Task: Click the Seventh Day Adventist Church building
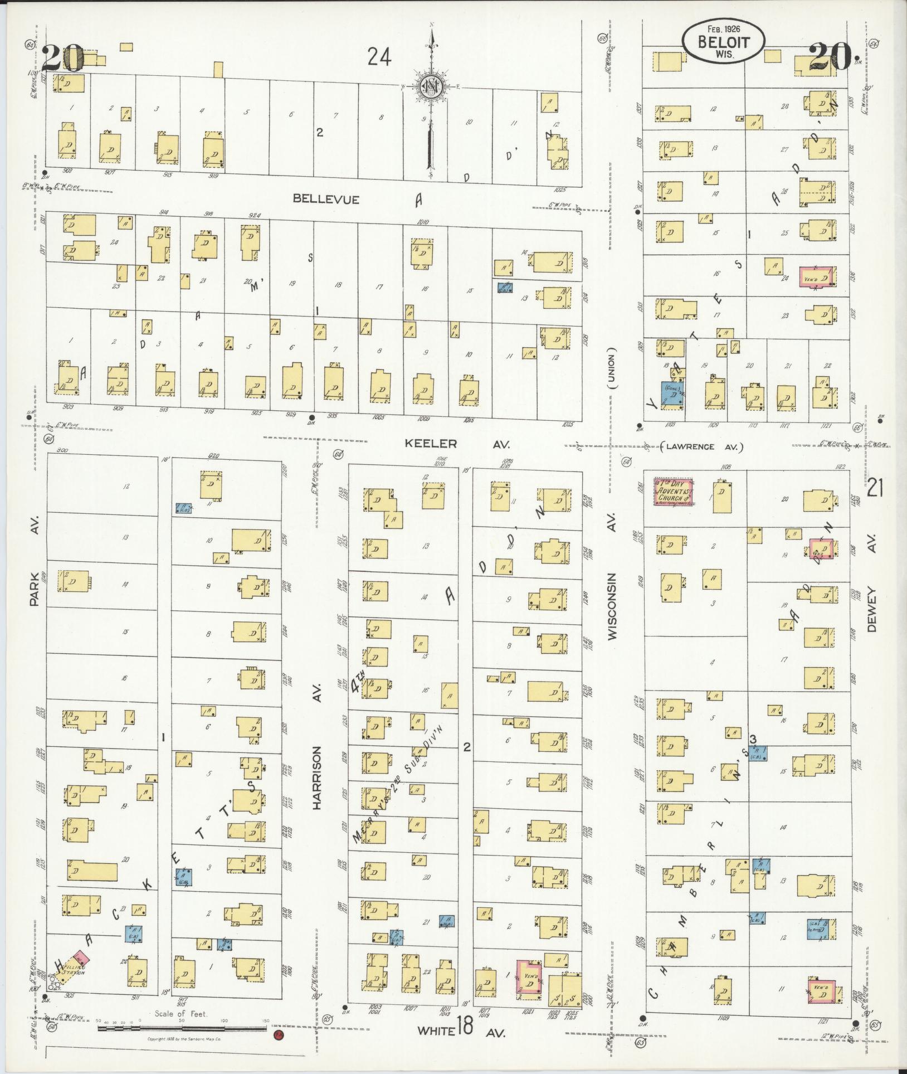pyautogui.click(x=673, y=491)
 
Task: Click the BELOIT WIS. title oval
pyautogui.click(x=724, y=41)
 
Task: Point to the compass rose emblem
pyautogui.click(x=431, y=87)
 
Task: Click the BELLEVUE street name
pyautogui.click(x=326, y=199)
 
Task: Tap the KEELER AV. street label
pyautogui.click(x=457, y=444)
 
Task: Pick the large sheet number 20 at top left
pyautogui.click(x=62, y=57)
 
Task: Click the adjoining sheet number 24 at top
pyautogui.click(x=379, y=57)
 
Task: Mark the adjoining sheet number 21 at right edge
pyautogui.click(x=875, y=489)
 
